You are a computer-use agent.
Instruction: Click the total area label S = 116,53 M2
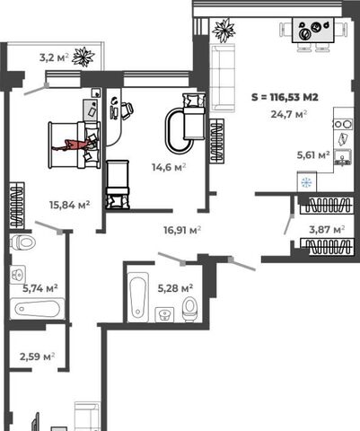pyautogui.click(x=285, y=97)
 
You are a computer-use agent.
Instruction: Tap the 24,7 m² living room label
pyautogui.click(x=289, y=114)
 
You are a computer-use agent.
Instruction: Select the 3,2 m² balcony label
pyautogui.click(x=54, y=57)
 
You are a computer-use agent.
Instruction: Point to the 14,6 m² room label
pyautogui.click(x=169, y=167)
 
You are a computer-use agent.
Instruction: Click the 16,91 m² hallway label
pyautogui.click(x=182, y=230)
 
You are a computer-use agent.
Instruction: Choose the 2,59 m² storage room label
pyautogui.click(x=37, y=356)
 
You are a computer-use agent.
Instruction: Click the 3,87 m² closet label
pyautogui.click(x=327, y=230)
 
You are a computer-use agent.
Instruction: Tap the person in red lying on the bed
pyautogui.click(x=74, y=145)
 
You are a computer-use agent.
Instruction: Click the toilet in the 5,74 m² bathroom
pyautogui.click(x=22, y=242)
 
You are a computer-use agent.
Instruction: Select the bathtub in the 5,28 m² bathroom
pyautogui.click(x=138, y=296)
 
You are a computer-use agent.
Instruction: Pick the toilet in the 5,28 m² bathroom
pyautogui.click(x=189, y=309)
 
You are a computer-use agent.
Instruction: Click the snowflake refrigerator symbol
pyautogui.click(x=307, y=182)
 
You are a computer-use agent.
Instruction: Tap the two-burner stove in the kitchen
pyautogui.click(x=344, y=124)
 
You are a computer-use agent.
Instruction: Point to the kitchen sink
pyautogui.click(x=343, y=157)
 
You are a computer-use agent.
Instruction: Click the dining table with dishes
pyautogui.click(x=312, y=31)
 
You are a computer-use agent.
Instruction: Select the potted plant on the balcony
pyautogui.click(x=83, y=57)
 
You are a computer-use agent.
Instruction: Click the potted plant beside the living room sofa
pyautogui.click(x=224, y=30)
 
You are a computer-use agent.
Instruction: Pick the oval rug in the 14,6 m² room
pyautogui.click(x=179, y=131)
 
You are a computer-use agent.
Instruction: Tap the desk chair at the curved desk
pyautogui.click(x=127, y=109)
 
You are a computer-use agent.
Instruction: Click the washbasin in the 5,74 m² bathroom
pyautogui.click(x=18, y=274)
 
